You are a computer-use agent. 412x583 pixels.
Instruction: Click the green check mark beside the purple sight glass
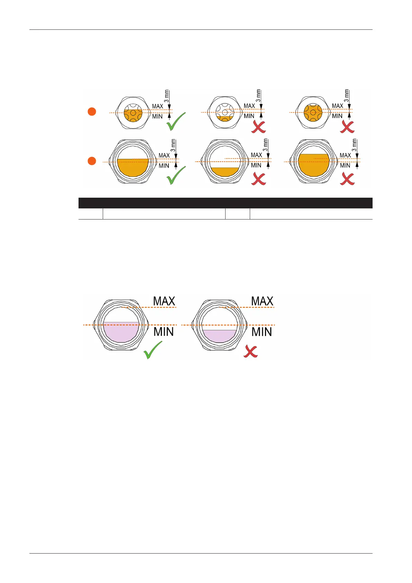[x=153, y=350]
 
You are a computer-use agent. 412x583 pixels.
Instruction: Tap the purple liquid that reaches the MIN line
[x=121, y=332]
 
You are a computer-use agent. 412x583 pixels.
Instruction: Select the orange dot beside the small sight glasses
[x=92, y=111]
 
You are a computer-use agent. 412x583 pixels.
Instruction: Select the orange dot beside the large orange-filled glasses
[x=92, y=161]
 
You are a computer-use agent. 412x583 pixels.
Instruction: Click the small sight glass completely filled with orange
[x=313, y=112]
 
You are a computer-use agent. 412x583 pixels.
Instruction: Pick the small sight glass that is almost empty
[x=225, y=112]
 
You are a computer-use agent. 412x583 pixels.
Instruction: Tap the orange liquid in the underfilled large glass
[x=225, y=172]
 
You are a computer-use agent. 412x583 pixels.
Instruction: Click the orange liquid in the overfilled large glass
[x=313, y=164]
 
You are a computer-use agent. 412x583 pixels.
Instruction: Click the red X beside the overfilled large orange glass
[x=347, y=179]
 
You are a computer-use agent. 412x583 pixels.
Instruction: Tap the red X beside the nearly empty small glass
[x=259, y=127]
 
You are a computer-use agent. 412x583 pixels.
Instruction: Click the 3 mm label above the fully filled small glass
[x=346, y=96]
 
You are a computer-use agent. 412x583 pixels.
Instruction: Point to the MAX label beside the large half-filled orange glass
[x=164, y=155]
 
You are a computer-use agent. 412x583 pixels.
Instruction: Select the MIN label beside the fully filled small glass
[x=337, y=116]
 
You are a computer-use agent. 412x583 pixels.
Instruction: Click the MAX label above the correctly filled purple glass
[x=164, y=301]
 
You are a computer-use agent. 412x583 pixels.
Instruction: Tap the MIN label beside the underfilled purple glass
[x=262, y=332]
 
